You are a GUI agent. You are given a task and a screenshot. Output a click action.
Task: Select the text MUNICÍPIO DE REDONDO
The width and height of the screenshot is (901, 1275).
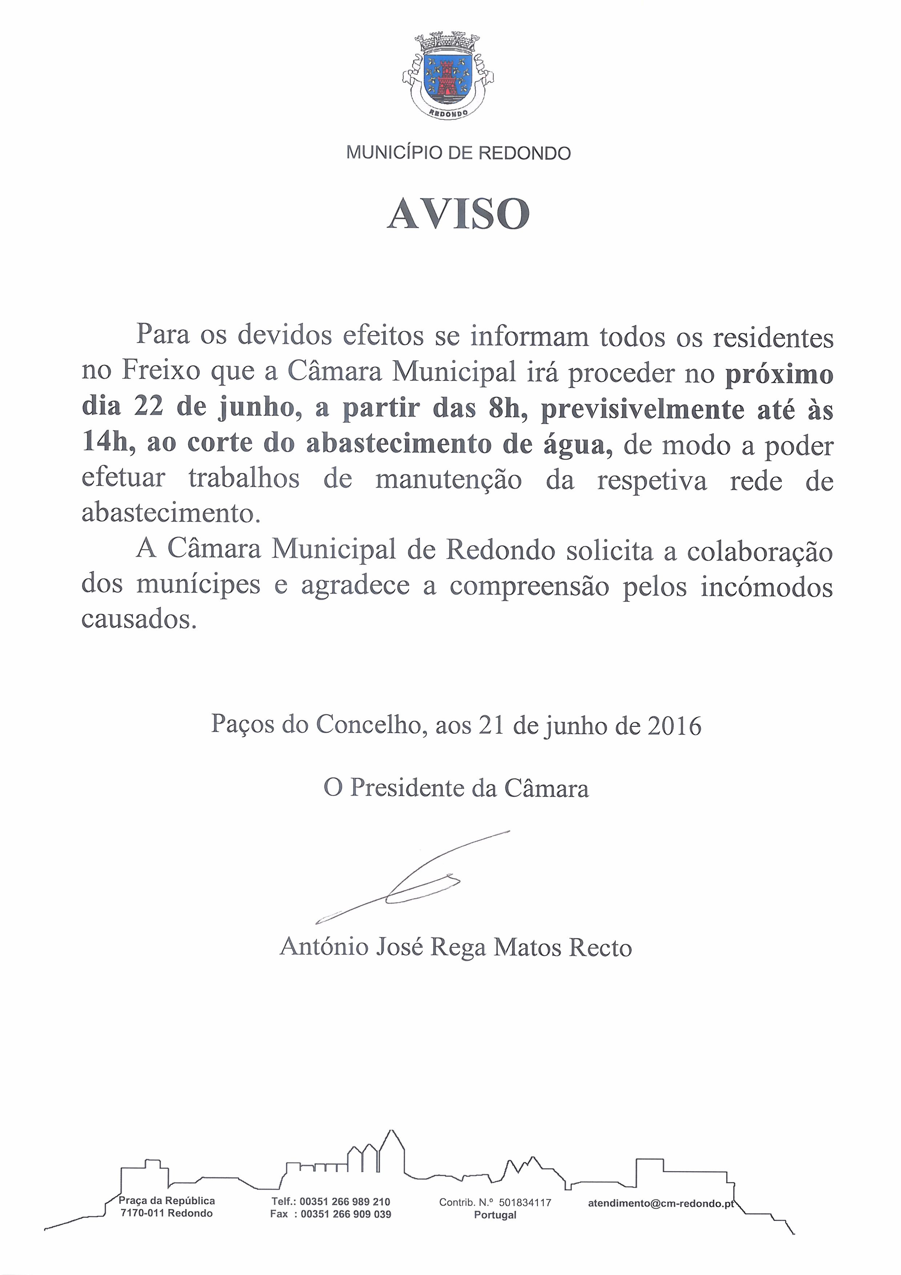[458, 153]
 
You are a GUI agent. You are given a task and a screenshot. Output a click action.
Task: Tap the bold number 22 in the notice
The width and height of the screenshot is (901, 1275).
[148, 407]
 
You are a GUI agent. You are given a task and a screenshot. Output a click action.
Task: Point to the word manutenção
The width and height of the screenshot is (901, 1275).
[449, 480]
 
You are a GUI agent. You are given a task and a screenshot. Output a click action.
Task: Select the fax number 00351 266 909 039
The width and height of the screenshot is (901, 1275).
[346, 1214]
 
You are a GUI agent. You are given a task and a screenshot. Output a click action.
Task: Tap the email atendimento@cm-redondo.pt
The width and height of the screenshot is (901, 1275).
[660, 1203]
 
